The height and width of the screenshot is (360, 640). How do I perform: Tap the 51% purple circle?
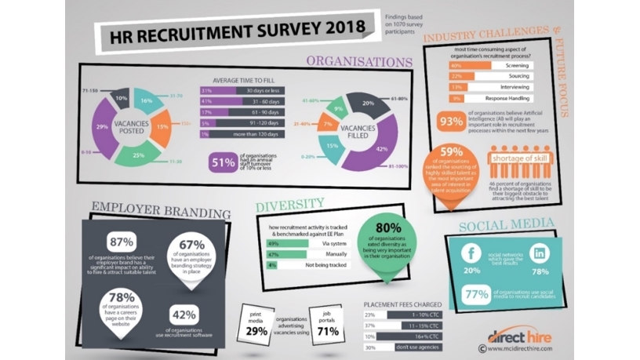(224, 163)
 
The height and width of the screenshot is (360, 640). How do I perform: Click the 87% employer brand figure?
(123, 242)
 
